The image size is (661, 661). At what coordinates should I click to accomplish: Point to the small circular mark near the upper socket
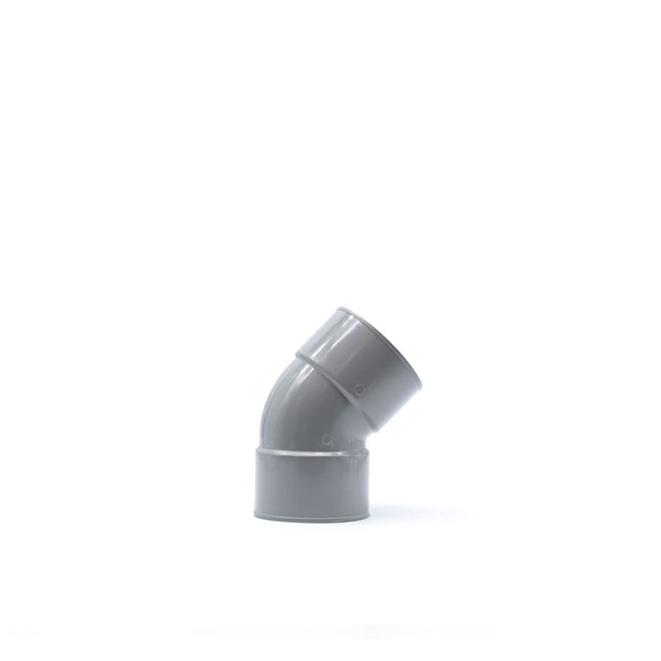click(x=358, y=389)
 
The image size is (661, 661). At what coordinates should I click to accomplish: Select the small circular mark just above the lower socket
click(x=326, y=439)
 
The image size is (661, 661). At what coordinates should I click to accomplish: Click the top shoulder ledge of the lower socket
click(x=311, y=451)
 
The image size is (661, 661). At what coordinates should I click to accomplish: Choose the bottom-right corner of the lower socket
click(x=368, y=515)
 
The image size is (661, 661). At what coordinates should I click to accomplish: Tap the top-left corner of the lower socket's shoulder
click(x=257, y=450)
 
